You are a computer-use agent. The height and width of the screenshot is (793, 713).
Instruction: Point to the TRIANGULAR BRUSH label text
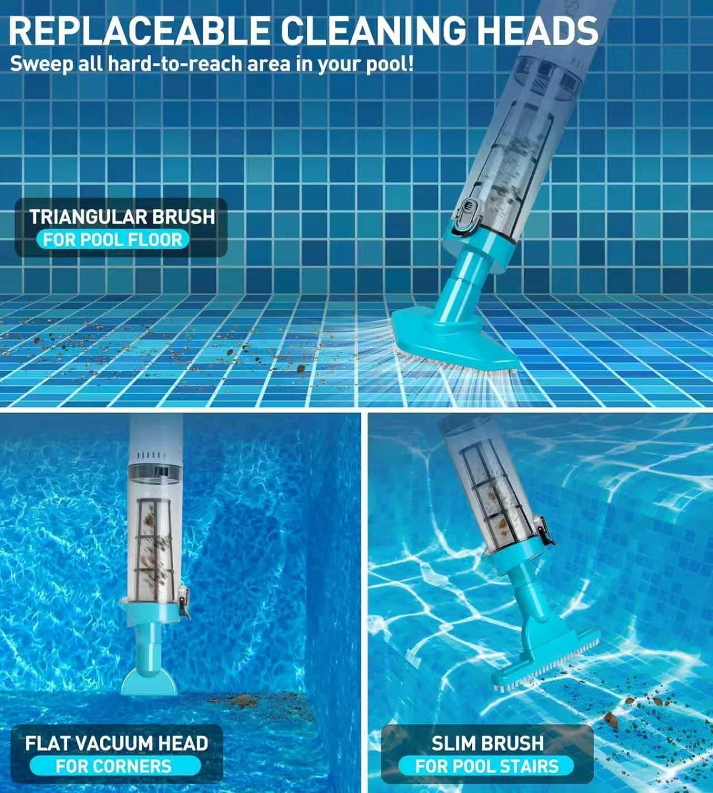(x=122, y=216)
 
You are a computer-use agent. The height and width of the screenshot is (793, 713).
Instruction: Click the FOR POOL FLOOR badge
(x=113, y=240)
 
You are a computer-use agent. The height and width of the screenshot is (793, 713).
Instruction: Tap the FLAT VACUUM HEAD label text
(x=116, y=743)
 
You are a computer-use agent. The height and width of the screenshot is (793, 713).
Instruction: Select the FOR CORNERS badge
(x=114, y=766)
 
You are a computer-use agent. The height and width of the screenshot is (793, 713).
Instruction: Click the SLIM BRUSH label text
(x=487, y=743)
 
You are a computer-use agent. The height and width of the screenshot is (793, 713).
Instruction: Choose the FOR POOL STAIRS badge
(x=486, y=766)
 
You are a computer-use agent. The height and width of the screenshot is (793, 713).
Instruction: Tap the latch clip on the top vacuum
(x=467, y=218)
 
